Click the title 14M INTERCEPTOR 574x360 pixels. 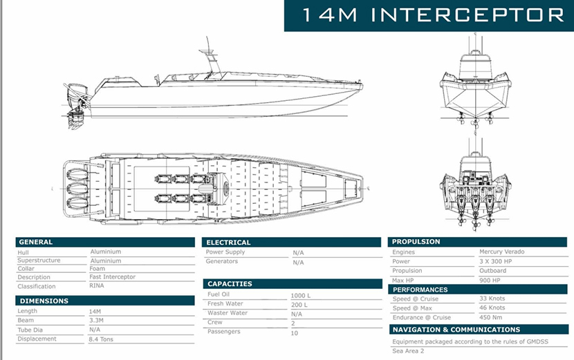[429, 15]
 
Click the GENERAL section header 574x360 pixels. [36, 242]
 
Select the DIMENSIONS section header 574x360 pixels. [44, 301]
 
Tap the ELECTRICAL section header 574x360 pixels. [229, 243]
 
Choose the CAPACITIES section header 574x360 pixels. [230, 284]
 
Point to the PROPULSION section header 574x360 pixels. [417, 242]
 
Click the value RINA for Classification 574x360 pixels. [98, 286]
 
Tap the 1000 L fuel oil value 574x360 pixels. [300, 296]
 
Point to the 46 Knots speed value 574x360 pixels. [492, 308]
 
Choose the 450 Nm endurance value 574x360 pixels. [491, 318]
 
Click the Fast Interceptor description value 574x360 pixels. [113, 277]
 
